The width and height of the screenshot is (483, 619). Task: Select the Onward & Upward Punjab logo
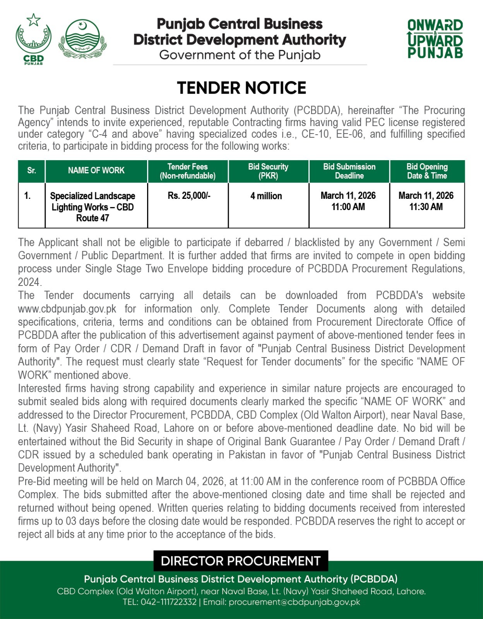click(x=435, y=39)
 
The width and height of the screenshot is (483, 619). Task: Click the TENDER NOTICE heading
click(x=241, y=88)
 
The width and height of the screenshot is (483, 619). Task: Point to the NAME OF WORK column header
click(x=96, y=171)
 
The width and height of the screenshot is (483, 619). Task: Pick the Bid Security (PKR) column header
click(x=268, y=171)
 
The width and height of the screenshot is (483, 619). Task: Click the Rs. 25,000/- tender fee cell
click(x=189, y=196)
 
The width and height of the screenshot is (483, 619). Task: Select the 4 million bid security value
click(x=266, y=196)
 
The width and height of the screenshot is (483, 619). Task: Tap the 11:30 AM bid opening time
click(x=426, y=207)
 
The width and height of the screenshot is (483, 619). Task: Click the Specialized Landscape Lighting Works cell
click(x=92, y=207)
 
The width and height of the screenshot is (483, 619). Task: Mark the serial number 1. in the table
click(x=27, y=196)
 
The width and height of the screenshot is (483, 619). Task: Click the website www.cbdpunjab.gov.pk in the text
click(x=67, y=309)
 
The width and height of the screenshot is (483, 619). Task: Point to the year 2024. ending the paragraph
click(x=30, y=282)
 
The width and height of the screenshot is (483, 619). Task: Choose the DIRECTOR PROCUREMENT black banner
click(x=241, y=561)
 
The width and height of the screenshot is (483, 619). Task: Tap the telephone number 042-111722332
click(x=168, y=602)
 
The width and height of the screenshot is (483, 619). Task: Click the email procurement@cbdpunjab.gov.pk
click(x=294, y=602)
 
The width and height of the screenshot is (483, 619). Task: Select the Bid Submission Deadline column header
click(x=349, y=171)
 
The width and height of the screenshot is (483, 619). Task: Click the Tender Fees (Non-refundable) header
click(x=188, y=171)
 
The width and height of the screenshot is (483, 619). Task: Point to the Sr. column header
click(x=32, y=171)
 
